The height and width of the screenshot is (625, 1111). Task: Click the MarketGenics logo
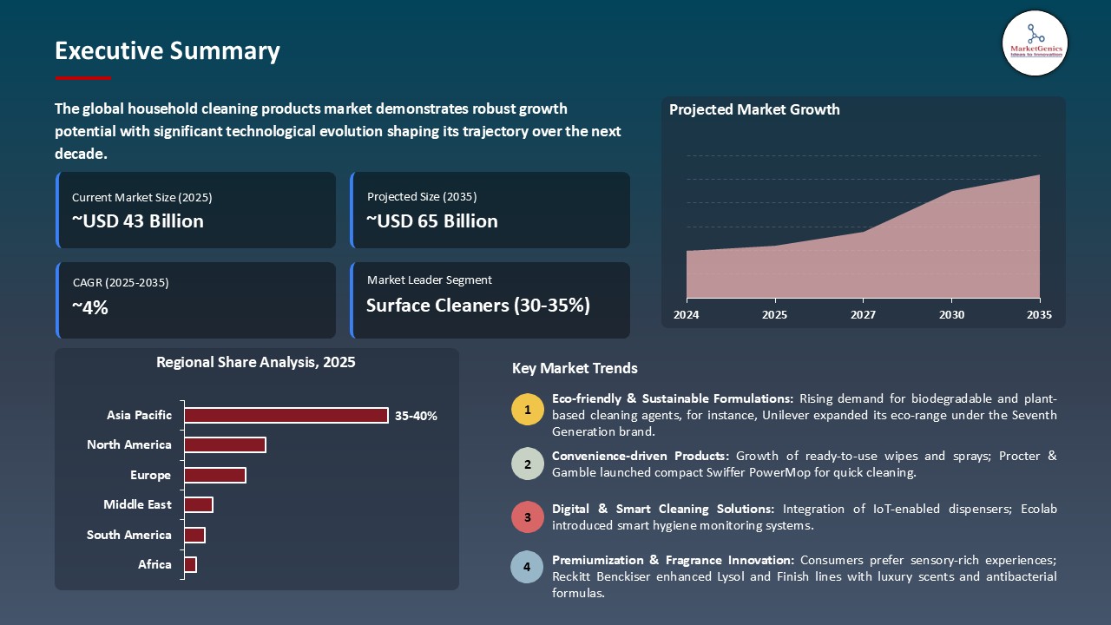point(1035,43)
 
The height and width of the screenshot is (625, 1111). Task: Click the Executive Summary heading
point(167,51)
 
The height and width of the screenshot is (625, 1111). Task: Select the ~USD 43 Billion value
point(138,221)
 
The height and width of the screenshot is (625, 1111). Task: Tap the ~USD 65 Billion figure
point(432,221)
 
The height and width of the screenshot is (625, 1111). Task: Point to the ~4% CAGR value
point(90,307)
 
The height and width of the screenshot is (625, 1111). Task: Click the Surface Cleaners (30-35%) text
point(477,306)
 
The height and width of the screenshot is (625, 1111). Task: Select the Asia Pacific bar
point(286,416)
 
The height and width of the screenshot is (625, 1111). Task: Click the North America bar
point(225,445)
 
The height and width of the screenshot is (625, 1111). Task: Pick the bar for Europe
point(214,476)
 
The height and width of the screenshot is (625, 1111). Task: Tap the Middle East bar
point(198,505)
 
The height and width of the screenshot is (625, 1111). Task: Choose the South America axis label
point(128,536)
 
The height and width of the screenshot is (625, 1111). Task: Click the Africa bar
point(190,565)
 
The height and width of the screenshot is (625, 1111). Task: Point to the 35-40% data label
point(416,416)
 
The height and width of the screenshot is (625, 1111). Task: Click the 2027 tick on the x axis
point(863,315)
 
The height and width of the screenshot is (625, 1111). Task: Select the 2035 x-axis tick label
point(1039,315)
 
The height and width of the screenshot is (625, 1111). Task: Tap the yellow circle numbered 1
point(527,409)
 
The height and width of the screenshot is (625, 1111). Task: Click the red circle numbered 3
point(527,516)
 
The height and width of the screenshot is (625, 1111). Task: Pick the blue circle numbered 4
point(527,568)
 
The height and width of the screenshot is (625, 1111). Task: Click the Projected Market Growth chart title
point(754,110)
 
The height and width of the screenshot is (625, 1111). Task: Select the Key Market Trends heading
point(575,369)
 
